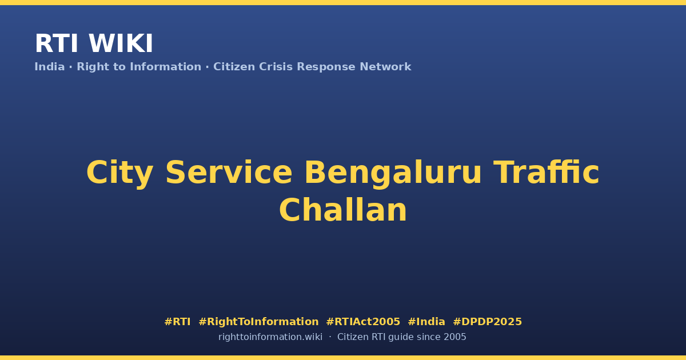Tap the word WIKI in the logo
click(x=121, y=43)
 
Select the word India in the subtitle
click(x=50, y=67)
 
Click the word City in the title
click(x=119, y=173)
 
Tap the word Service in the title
click(x=229, y=173)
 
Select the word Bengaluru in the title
click(x=393, y=174)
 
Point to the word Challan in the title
click(x=343, y=210)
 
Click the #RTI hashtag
click(x=177, y=322)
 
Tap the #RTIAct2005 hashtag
click(x=363, y=322)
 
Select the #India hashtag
click(x=426, y=322)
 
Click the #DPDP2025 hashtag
click(x=487, y=322)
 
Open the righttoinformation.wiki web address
click(x=270, y=337)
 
